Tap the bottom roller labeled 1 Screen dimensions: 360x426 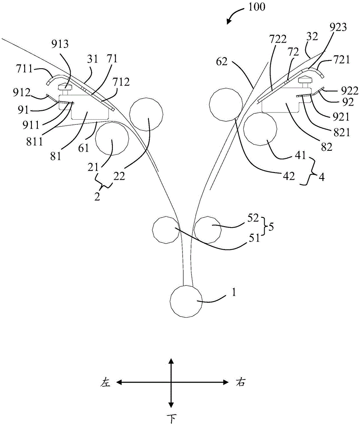coord(186,301)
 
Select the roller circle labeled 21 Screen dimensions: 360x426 coord(112,139)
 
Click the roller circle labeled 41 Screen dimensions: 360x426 coord(260,129)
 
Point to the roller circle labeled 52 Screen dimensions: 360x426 coord(208,230)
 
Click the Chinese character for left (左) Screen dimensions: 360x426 coord(106,382)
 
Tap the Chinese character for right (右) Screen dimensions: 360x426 coord(240,382)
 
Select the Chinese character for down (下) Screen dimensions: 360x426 coord(171,418)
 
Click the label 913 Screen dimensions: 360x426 coord(60,44)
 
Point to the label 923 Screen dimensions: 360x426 coord(338,27)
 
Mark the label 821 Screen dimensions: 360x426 coord(342,132)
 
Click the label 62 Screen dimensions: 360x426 coord(222,62)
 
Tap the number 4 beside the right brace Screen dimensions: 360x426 coord(321,177)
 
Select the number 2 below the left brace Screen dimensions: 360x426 coord(97,196)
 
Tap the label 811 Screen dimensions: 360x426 coord(35,141)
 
